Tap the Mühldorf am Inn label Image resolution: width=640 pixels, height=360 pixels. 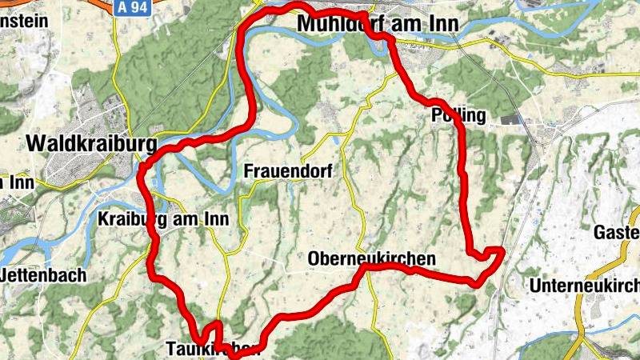377,25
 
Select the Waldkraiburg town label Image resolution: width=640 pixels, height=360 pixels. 90,143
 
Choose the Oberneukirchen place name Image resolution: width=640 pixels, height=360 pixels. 371,258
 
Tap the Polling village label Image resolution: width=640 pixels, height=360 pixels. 458,115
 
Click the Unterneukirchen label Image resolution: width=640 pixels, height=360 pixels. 584,286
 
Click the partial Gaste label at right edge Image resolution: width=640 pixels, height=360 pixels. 617,232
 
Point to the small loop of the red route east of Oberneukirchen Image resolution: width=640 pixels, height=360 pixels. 490,256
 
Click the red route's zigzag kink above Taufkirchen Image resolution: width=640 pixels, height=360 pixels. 213,328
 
